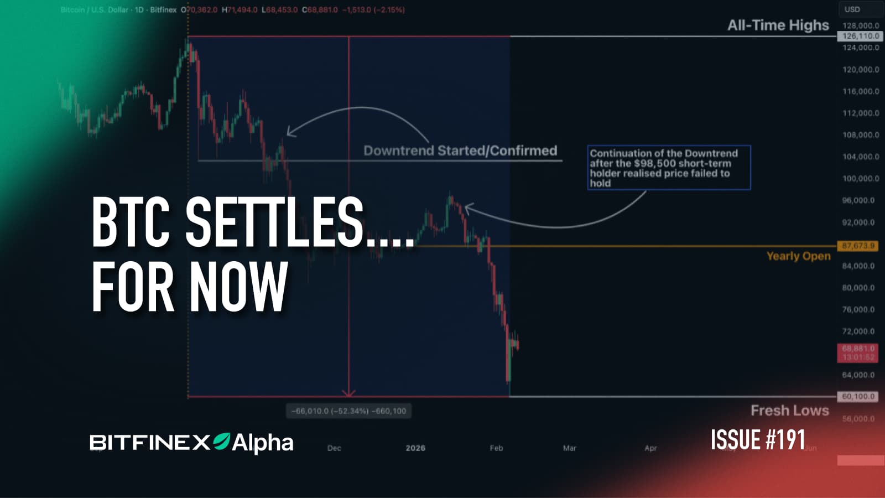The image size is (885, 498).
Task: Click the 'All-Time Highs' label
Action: pyautogui.click(x=778, y=25)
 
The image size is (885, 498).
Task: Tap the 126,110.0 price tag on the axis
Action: pyautogui.click(x=860, y=36)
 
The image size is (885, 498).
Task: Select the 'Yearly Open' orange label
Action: pyautogui.click(x=798, y=256)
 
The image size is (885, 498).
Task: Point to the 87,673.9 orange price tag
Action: pyautogui.click(x=858, y=246)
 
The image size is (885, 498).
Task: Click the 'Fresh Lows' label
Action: pyautogui.click(x=789, y=411)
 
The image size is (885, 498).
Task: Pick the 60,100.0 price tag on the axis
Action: pyautogui.click(x=858, y=397)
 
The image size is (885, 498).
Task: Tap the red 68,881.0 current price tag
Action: pyautogui.click(x=858, y=352)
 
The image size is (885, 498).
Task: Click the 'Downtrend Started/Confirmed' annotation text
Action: pyautogui.click(x=460, y=151)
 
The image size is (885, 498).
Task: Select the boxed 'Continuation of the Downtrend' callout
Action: pyautogui.click(x=669, y=168)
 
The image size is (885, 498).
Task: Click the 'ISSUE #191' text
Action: pyautogui.click(x=757, y=440)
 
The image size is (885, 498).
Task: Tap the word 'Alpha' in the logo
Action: pyautogui.click(x=263, y=443)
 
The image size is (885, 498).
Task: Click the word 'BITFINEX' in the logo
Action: pyautogui.click(x=150, y=443)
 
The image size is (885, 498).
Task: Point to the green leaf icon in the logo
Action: pyautogui.click(x=222, y=441)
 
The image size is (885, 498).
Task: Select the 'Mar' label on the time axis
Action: pyautogui.click(x=569, y=448)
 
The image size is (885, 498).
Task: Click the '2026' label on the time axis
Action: pyautogui.click(x=415, y=448)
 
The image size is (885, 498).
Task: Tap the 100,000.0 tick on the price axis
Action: pyautogui.click(x=860, y=179)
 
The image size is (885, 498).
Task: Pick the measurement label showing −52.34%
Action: pyautogui.click(x=348, y=411)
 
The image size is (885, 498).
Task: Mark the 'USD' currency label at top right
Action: pyautogui.click(x=852, y=9)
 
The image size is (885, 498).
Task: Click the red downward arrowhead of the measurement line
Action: pyautogui.click(x=348, y=393)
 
